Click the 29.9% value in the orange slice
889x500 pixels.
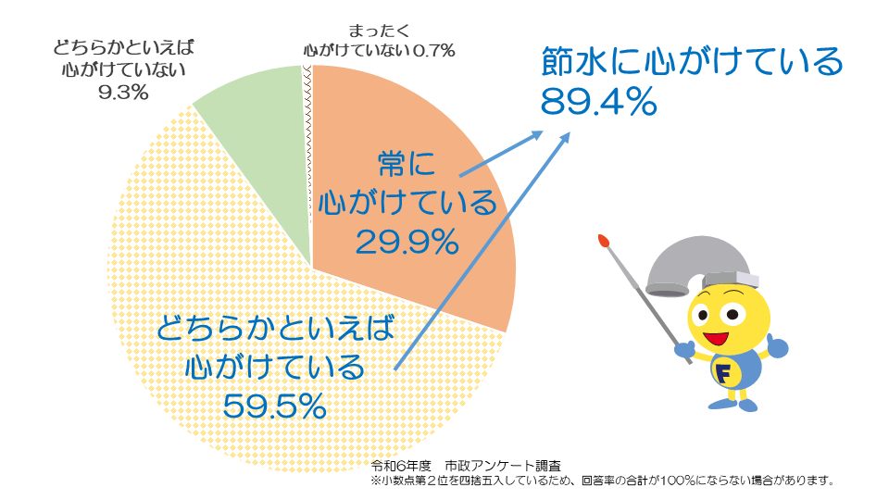coord(407,242)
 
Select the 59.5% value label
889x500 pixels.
coord(273,406)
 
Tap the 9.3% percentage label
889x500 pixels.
coord(123,92)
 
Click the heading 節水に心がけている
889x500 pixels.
coord(692,63)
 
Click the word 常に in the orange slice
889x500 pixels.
coord(407,165)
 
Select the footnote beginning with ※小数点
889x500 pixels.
coord(602,481)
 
